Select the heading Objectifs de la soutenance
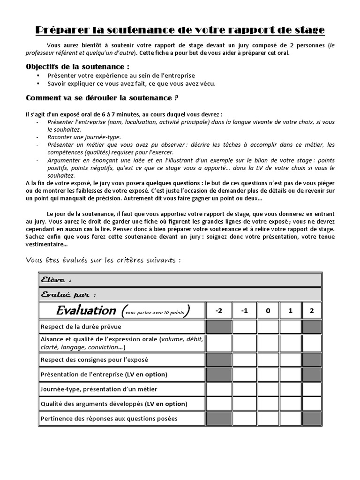click(x=78, y=67)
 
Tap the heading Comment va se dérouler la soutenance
click(x=102, y=98)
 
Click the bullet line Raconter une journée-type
click(x=84, y=137)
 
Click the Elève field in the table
click(x=180, y=280)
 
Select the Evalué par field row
click(x=180, y=294)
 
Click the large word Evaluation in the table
click(x=86, y=310)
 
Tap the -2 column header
click(x=219, y=310)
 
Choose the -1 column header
click(x=244, y=310)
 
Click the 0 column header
click(x=268, y=310)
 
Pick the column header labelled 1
click(x=290, y=310)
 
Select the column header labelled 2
click(x=312, y=310)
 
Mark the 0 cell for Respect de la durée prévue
click(x=268, y=327)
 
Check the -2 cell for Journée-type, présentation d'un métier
click(x=219, y=389)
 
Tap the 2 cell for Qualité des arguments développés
click(x=312, y=404)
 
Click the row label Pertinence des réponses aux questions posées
click(x=109, y=419)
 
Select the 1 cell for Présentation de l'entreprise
click(x=290, y=375)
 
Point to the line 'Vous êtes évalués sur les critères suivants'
click(x=103, y=260)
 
